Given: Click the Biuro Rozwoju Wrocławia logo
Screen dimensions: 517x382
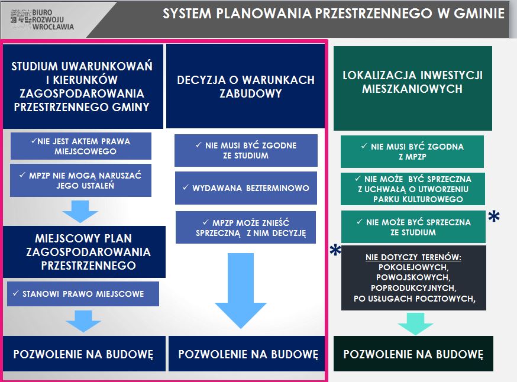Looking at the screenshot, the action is click(x=42, y=20).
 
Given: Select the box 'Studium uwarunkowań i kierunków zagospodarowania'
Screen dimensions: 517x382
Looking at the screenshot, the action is click(x=83, y=86).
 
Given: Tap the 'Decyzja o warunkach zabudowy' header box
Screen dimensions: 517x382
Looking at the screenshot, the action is click(x=245, y=86).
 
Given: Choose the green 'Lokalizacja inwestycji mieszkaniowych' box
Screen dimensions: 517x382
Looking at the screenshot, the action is click(x=413, y=88).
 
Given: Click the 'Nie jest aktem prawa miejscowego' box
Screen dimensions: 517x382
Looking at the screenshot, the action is click(x=81, y=146).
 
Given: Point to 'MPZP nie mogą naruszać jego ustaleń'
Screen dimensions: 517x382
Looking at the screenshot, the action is click(x=81, y=180).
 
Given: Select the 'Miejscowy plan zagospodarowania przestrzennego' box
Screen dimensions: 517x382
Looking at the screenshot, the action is click(x=85, y=252).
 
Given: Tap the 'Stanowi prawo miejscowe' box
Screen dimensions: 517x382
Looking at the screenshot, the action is click(x=83, y=294).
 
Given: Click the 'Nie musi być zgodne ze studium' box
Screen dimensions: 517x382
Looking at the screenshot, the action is click(x=246, y=150).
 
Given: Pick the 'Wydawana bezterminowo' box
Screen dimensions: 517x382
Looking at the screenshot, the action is click(x=246, y=188).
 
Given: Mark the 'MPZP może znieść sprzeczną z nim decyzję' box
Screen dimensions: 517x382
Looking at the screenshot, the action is click(x=245, y=228).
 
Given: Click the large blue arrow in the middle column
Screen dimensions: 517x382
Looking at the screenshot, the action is click(x=241, y=291).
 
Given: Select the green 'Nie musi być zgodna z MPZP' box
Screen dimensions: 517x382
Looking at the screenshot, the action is click(x=412, y=151).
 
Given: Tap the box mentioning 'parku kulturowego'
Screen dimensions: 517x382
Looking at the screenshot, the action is click(x=413, y=189).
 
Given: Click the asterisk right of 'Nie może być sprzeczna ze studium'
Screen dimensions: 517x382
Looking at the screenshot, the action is click(x=494, y=216).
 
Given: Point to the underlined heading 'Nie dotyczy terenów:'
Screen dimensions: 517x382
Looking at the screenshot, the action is click(x=413, y=257).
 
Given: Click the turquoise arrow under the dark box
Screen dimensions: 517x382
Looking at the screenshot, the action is click(x=415, y=323).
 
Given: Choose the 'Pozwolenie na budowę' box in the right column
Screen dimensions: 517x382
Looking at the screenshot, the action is click(x=413, y=354).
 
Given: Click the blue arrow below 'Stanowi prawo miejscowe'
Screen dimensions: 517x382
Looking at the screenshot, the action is click(x=83, y=321).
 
